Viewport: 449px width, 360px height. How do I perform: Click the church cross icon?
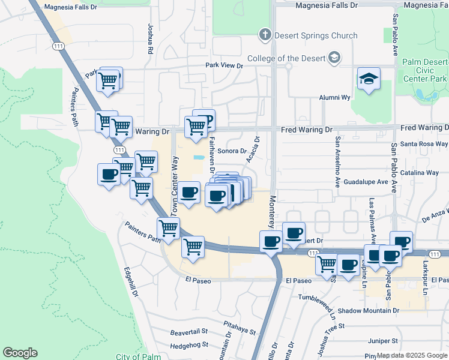click(x=265, y=35)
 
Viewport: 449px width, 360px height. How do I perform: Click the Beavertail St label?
click(x=188, y=331)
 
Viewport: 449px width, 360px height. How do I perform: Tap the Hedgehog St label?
click(x=188, y=345)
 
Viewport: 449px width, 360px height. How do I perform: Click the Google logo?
click(x=20, y=353)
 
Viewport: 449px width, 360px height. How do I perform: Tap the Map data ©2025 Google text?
click(x=412, y=355)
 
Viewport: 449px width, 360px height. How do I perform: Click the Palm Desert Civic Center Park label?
click(x=425, y=70)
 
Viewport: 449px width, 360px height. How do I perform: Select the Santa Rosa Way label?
click(x=424, y=144)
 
